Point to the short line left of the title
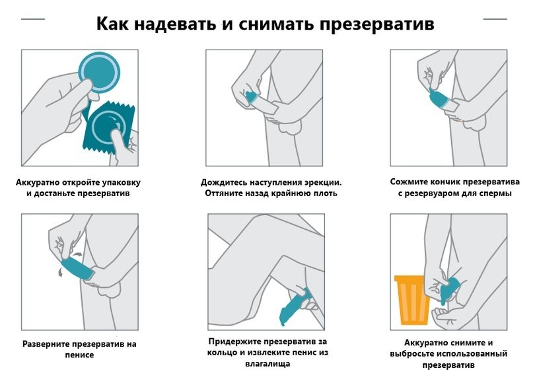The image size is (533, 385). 33,19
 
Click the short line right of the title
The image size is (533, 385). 495,19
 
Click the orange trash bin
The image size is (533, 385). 410,300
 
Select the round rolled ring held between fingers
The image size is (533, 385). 99,73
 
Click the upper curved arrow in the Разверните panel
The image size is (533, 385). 77,254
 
